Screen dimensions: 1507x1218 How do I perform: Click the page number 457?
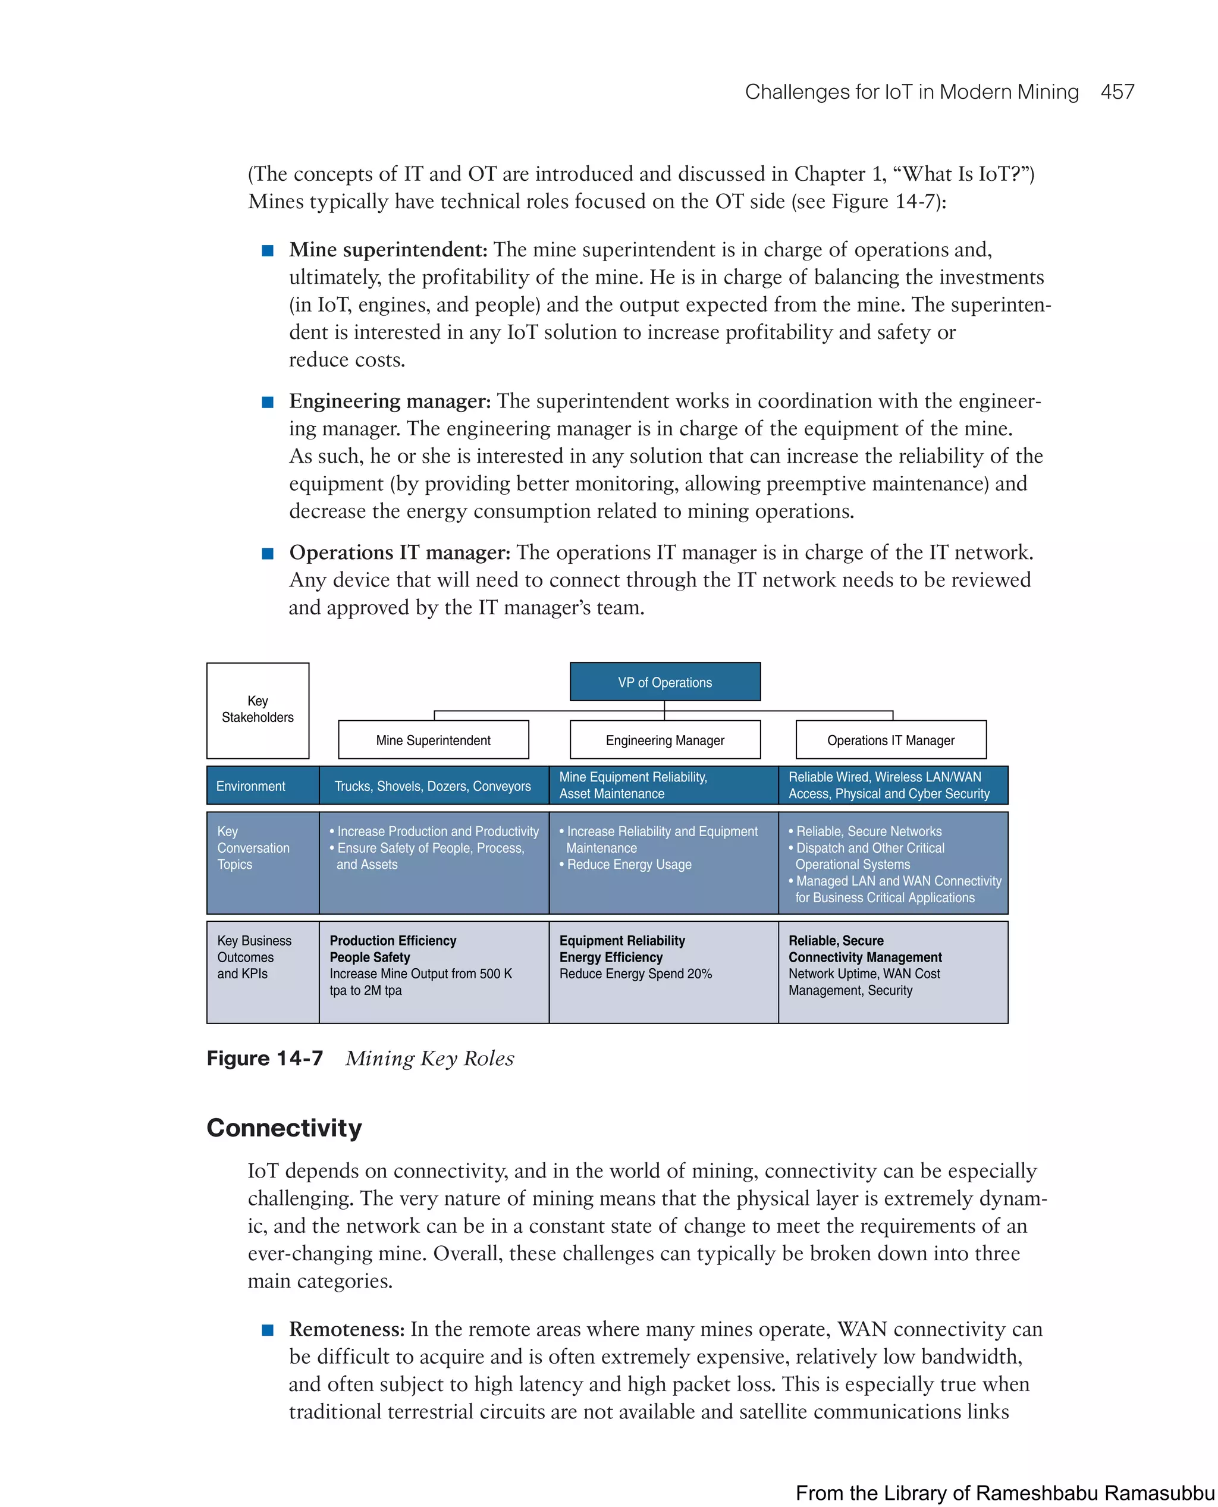tap(1116, 92)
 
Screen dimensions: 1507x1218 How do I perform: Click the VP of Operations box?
tap(664, 682)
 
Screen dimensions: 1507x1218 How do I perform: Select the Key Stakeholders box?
tap(258, 709)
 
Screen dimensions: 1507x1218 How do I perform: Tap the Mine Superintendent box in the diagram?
tap(433, 740)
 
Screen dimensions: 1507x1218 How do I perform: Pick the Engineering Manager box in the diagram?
tap(664, 740)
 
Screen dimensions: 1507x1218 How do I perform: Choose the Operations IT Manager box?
tap(890, 740)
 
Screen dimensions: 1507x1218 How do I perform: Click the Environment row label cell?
tap(251, 786)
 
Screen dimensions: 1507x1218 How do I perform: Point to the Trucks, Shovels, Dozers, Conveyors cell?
tap(433, 786)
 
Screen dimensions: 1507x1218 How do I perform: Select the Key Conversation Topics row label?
tap(253, 847)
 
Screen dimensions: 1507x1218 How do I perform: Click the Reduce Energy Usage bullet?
tap(629, 864)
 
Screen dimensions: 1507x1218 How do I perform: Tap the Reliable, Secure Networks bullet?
tap(868, 831)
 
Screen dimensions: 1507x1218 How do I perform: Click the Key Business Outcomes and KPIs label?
tap(254, 957)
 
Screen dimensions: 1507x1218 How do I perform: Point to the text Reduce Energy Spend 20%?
tap(636, 974)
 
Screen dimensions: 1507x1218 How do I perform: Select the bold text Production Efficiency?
tap(393, 940)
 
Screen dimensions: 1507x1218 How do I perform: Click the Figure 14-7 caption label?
tap(265, 1058)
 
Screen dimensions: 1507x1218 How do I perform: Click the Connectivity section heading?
tap(284, 1128)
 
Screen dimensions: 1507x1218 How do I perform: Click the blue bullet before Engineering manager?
tap(267, 402)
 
